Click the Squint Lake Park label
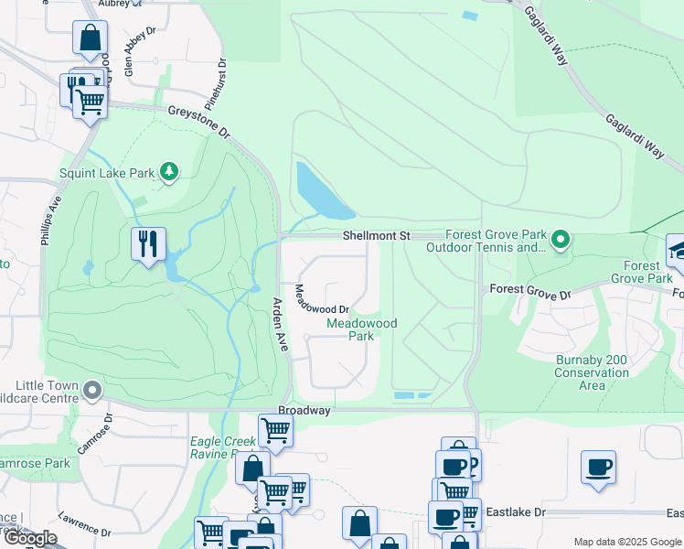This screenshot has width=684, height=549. (x=107, y=172)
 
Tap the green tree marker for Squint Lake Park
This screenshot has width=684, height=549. (x=168, y=171)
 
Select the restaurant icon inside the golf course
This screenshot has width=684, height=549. (x=148, y=244)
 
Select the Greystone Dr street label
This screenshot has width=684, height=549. (x=199, y=122)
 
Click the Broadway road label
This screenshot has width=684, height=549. (x=305, y=411)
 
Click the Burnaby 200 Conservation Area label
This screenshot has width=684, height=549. (x=592, y=372)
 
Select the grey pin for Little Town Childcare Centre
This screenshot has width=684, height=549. (x=92, y=392)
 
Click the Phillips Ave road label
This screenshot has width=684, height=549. (x=51, y=221)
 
